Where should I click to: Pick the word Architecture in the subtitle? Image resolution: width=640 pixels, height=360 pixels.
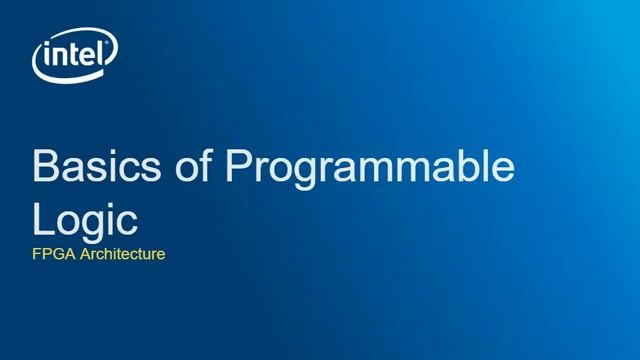[121, 254]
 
